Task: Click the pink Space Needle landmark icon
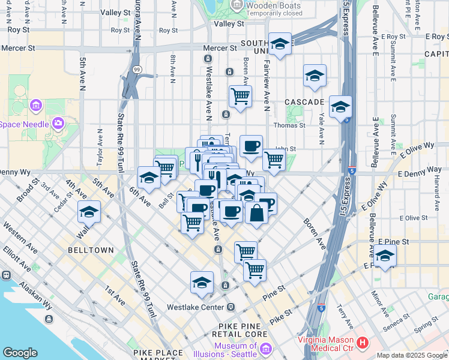pyautogui.click(x=58, y=124)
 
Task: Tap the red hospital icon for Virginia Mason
pyautogui.click(x=363, y=343)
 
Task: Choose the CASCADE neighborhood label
pyautogui.click(x=304, y=102)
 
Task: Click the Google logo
pyautogui.click(x=20, y=353)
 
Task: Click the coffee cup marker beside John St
pyautogui.click(x=251, y=146)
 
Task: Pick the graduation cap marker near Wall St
pyautogui.click(x=89, y=212)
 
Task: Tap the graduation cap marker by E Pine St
pyautogui.click(x=385, y=256)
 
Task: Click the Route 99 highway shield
pyautogui.click(x=137, y=70)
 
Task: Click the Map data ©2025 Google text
pyautogui.click(x=411, y=355)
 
